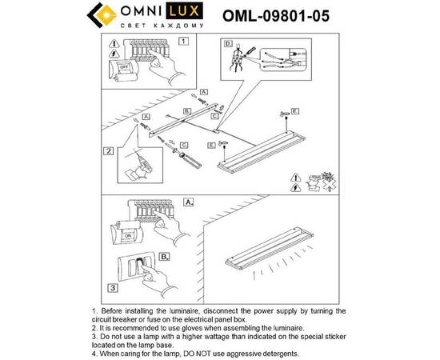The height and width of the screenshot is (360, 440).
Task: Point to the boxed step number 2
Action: [x=108, y=150]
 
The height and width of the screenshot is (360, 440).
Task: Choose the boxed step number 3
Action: [x=114, y=286]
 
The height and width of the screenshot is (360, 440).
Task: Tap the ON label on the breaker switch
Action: [x=126, y=237]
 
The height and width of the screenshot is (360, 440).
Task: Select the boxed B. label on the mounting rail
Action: [x=186, y=110]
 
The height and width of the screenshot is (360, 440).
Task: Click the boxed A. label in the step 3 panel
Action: [x=189, y=202]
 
